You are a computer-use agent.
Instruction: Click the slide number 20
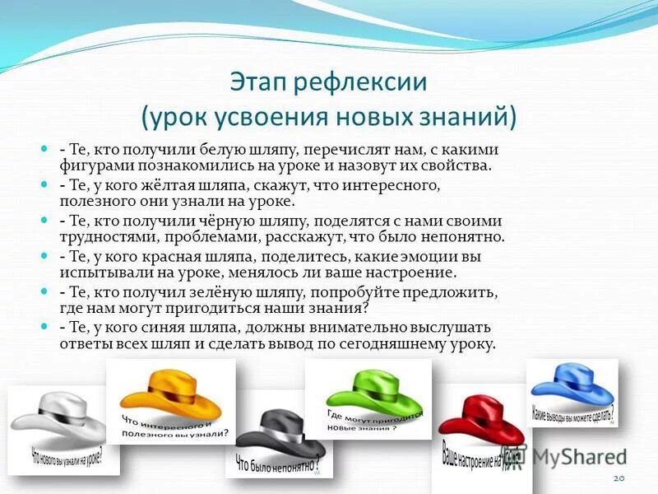pos(619,478)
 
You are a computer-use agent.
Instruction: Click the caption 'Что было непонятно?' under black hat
pos(276,464)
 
